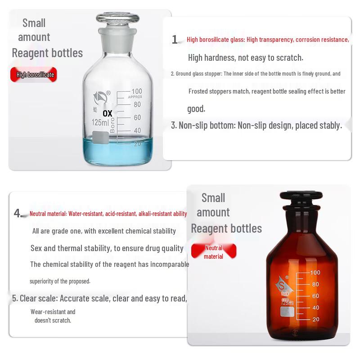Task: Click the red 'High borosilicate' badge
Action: (35, 75)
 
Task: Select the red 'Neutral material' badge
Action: (213, 252)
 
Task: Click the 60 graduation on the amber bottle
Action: (315, 296)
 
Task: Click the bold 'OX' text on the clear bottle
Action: (108, 113)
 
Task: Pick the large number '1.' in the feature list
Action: (175, 40)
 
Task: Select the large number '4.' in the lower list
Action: (18, 213)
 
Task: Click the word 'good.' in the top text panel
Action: (196, 108)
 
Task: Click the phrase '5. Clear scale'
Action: (35, 298)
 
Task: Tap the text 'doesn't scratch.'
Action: (53, 320)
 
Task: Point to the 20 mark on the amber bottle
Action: (315, 319)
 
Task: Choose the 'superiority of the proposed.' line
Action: (60, 281)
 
